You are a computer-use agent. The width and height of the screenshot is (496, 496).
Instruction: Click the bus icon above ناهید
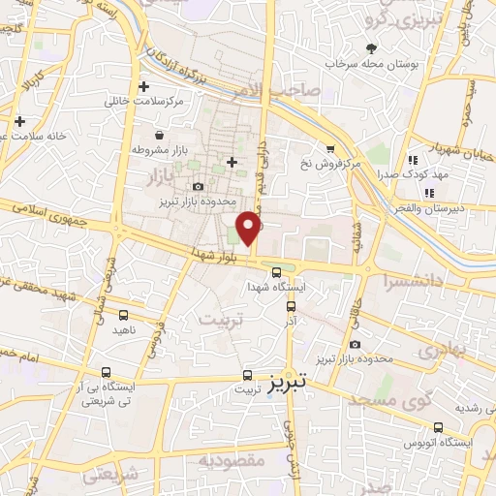click(123, 315)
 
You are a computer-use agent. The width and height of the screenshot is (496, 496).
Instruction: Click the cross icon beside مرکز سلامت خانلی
click(144, 86)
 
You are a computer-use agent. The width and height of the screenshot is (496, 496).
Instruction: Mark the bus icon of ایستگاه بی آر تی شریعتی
click(105, 372)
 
